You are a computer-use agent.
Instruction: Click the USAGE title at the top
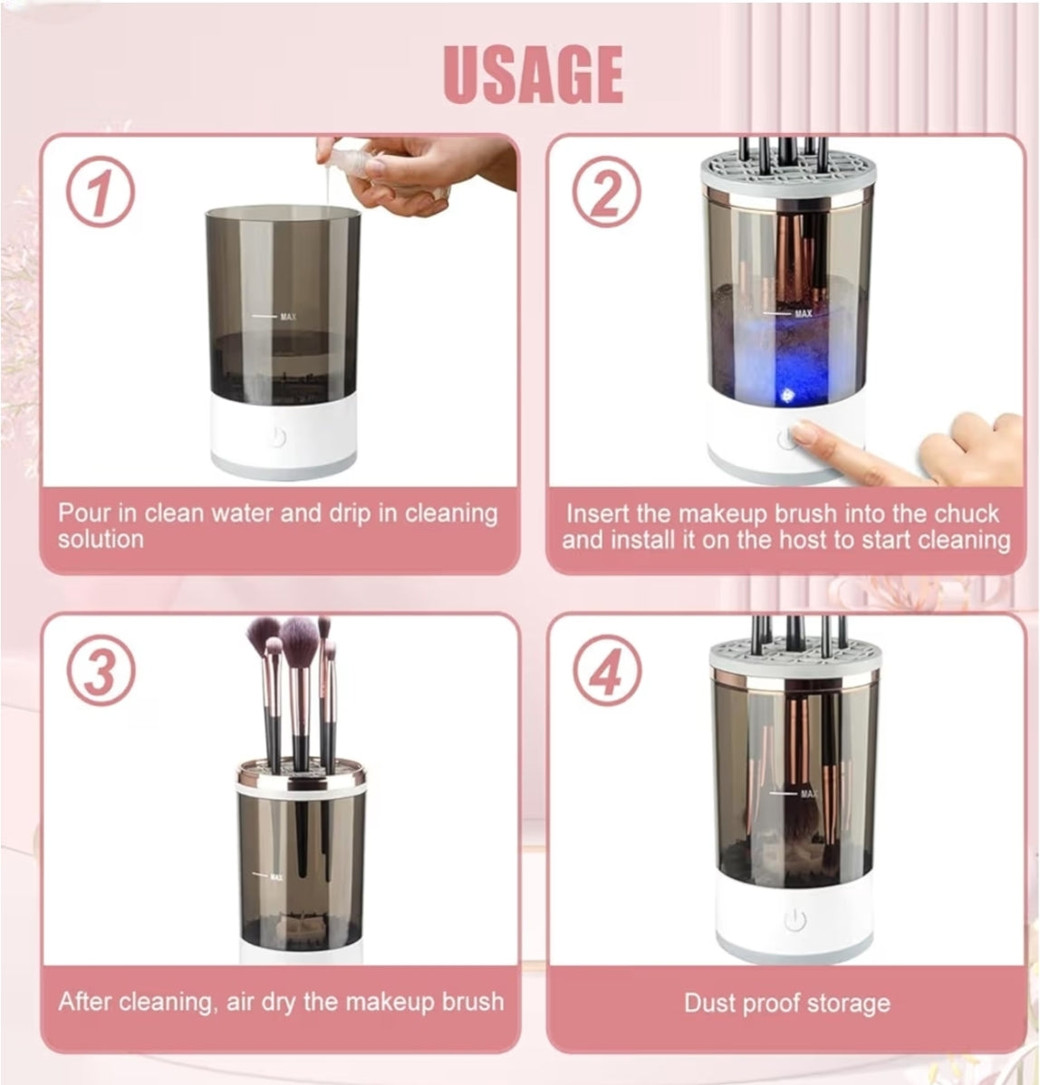534,73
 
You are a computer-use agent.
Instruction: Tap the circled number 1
101,194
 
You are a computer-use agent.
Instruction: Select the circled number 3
101,673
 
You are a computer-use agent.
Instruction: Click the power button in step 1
277,438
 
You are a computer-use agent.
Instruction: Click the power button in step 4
794,921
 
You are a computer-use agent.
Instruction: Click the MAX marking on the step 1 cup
288,317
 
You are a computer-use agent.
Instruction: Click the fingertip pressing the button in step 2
800,434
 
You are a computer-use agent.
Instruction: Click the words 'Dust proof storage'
786,1003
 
